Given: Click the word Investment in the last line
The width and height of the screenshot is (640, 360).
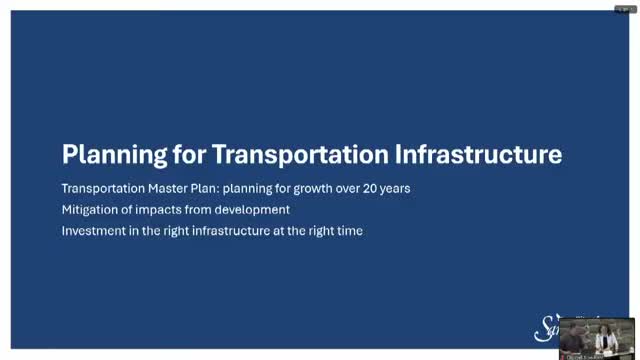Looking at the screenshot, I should point(92,231).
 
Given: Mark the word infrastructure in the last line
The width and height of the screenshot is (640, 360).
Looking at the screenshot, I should point(214,231).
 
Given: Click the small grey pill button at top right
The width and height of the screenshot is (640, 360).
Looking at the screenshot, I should point(624,7).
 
